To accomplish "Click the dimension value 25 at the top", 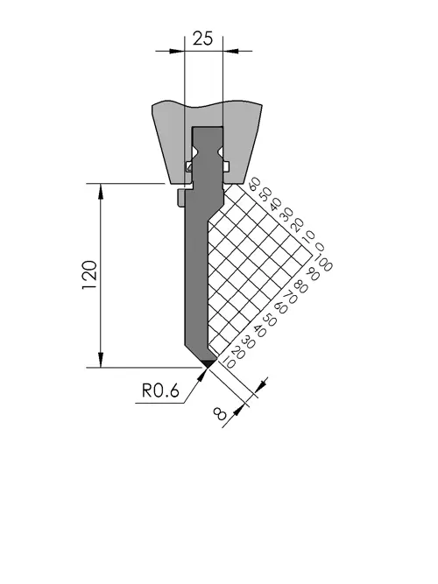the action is pyautogui.click(x=202, y=39).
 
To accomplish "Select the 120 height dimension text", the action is pyautogui.click(x=90, y=275).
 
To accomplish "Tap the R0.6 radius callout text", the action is pyautogui.click(x=160, y=391).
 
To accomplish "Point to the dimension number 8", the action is pyautogui.click(x=220, y=413).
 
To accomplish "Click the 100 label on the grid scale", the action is pyautogui.click(x=323, y=263).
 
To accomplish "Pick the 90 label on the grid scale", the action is pyautogui.click(x=313, y=275).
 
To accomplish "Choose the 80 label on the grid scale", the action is pyautogui.click(x=300, y=287).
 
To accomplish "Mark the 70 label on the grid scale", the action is pyautogui.click(x=290, y=298).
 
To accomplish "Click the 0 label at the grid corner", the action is pyautogui.click(x=320, y=247).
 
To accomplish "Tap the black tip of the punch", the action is pyautogui.click(x=208, y=362).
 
